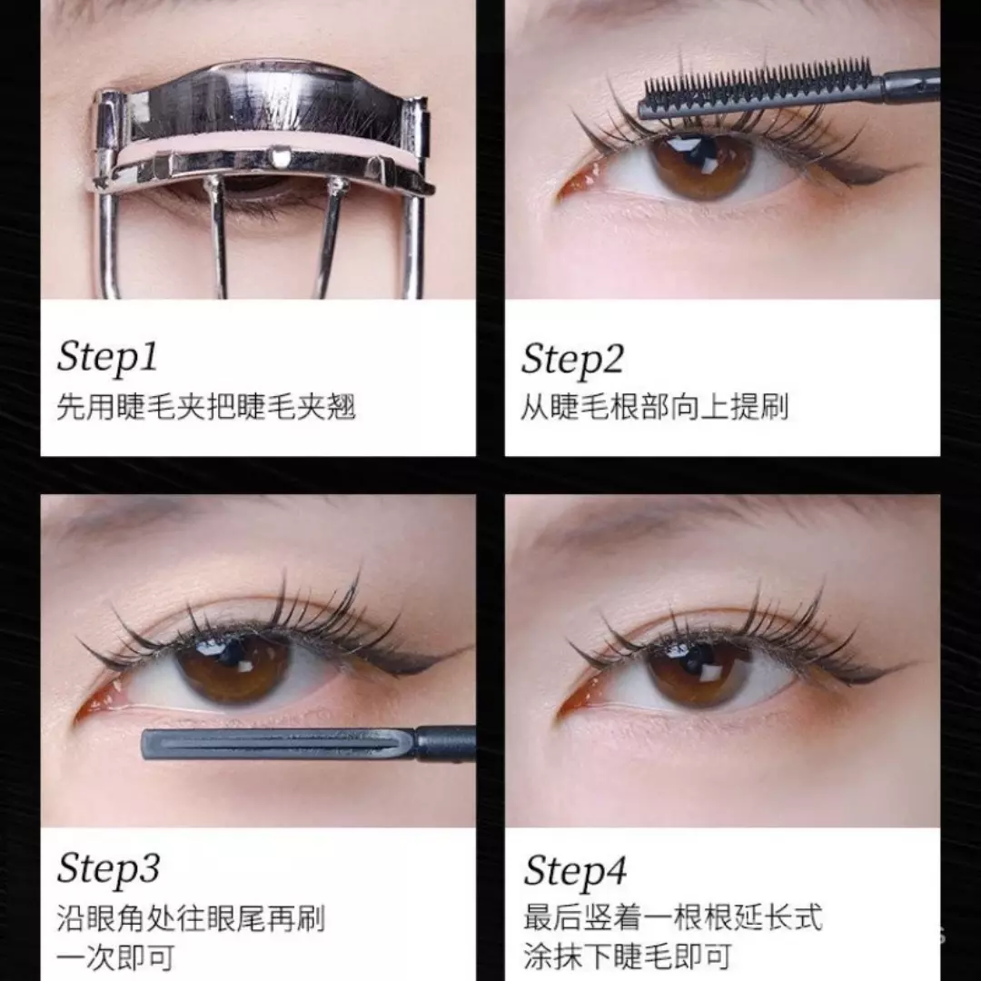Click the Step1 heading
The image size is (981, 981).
(107, 356)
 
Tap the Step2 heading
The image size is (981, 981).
(572, 359)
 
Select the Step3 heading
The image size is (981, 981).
(108, 869)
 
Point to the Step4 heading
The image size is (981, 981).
(574, 872)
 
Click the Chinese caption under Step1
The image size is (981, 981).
(205, 406)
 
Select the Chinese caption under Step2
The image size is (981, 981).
(653, 406)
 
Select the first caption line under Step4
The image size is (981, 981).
(672, 917)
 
